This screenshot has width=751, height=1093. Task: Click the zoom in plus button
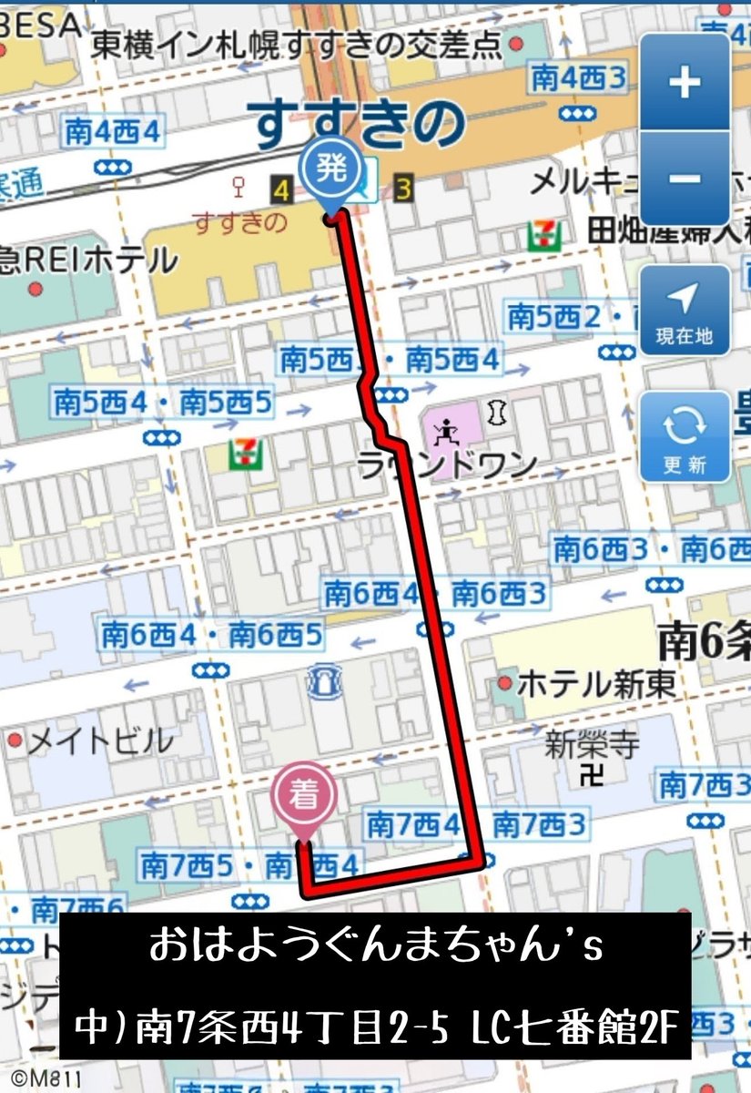(x=685, y=83)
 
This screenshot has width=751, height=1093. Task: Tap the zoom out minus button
(x=685, y=178)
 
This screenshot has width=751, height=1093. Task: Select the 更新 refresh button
(x=685, y=436)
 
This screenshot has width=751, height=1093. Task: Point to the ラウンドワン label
(x=447, y=466)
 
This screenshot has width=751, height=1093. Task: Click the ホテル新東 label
(x=596, y=683)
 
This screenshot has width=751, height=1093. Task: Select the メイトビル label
(x=99, y=741)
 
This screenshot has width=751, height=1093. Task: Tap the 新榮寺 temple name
(x=593, y=747)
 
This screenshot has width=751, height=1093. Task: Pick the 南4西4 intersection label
(x=113, y=133)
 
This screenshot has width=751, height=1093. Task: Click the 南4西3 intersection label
(x=580, y=77)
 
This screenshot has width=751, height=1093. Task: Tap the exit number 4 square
(x=280, y=190)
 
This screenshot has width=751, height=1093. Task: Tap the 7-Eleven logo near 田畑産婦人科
(x=539, y=236)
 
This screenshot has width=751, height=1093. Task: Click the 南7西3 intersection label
(x=698, y=783)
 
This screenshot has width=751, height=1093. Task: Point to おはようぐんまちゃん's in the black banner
(x=376, y=949)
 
